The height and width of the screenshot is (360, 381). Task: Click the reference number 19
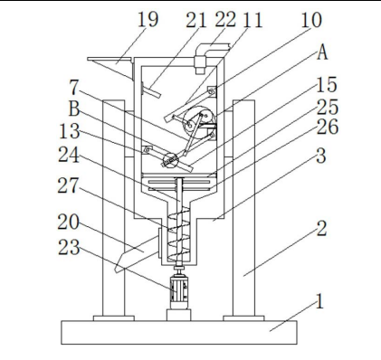click(x=148, y=20)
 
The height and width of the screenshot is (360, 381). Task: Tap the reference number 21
click(x=195, y=21)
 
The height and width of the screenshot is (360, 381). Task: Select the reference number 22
click(x=225, y=20)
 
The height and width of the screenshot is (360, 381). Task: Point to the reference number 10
click(x=311, y=21)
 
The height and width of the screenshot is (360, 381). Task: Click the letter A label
click(x=322, y=52)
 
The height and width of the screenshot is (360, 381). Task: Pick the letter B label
click(x=74, y=109)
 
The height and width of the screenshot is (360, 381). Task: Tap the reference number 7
click(x=74, y=88)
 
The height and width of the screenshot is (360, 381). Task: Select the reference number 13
click(x=70, y=131)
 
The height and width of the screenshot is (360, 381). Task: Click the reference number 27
click(x=69, y=185)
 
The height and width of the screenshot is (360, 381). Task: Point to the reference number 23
click(x=69, y=248)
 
